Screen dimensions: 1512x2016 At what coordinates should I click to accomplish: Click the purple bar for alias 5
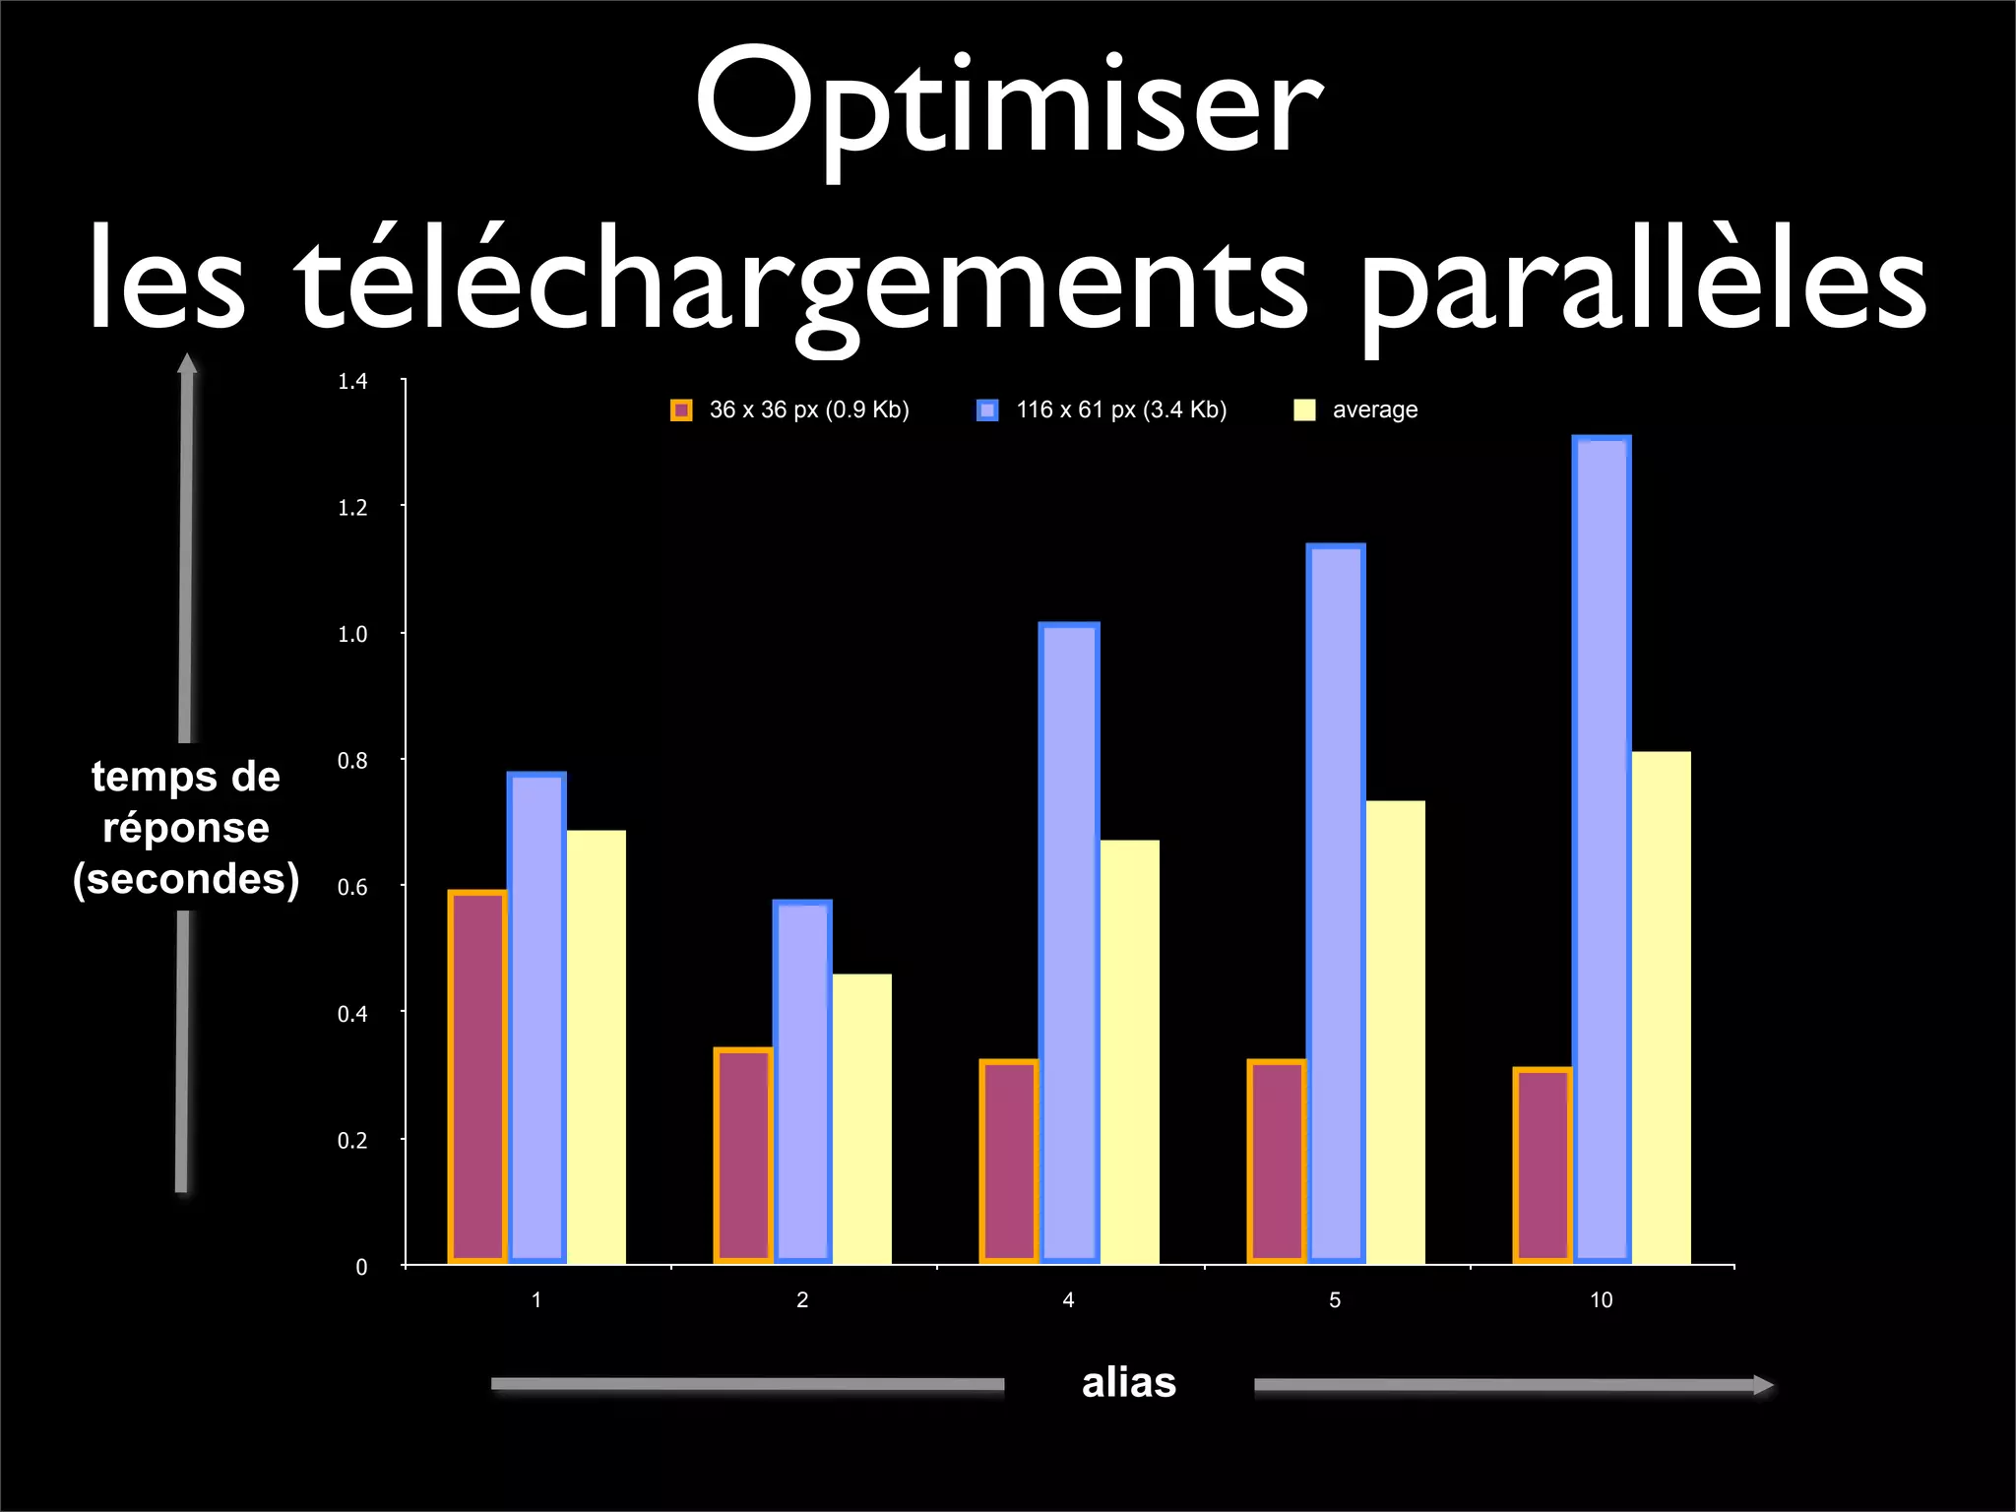[1277, 1161]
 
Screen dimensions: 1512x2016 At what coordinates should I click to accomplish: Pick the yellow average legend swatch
[1304, 410]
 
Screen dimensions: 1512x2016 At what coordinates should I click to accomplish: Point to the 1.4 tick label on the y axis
[352, 382]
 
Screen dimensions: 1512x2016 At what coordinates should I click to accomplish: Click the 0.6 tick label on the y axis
[352, 888]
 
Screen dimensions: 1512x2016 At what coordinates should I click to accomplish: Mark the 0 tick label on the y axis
[361, 1268]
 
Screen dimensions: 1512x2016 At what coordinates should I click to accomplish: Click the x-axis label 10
[1602, 1300]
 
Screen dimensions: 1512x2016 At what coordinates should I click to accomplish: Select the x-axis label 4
[1069, 1300]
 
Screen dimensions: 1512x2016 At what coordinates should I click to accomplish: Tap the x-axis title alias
[1129, 1383]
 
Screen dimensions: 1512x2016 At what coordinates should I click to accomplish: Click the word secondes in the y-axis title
[186, 879]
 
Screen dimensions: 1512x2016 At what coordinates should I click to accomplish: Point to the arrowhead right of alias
[1763, 1385]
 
